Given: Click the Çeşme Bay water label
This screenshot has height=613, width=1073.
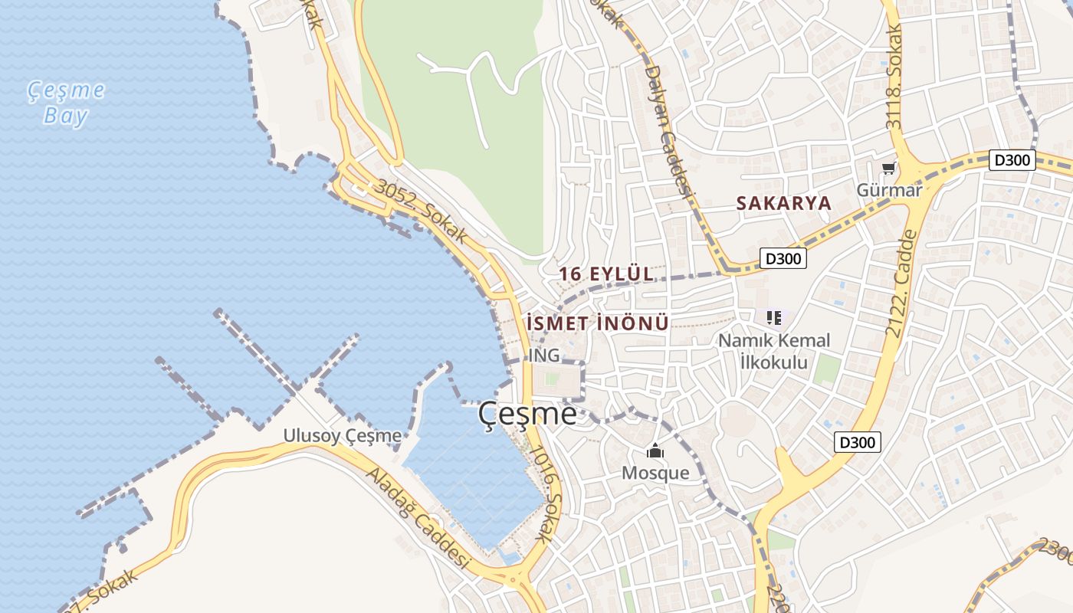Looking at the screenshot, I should pyautogui.click(x=67, y=103).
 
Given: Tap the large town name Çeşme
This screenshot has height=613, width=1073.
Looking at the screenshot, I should pyautogui.click(x=527, y=414).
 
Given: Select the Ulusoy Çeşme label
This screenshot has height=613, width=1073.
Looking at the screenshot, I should pyautogui.click(x=342, y=436).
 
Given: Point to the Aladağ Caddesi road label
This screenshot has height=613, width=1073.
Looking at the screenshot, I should pyautogui.click(x=418, y=518).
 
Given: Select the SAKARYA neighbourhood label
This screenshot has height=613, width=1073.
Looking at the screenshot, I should pyautogui.click(x=783, y=203).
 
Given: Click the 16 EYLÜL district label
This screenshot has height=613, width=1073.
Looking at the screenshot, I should pyautogui.click(x=605, y=274).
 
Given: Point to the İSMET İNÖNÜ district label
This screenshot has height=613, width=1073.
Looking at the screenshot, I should pyautogui.click(x=599, y=323).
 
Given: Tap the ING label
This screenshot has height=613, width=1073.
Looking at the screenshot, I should pyautogui.click(x=544, y=356).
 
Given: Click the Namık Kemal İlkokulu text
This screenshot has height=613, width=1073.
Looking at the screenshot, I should pyautogui.click(x=774, y=351).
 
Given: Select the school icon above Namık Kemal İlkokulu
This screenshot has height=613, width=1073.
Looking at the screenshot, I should pyautogui.click(x=774, y=316).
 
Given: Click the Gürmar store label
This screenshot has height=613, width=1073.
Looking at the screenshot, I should pyautogui.click(x=889, y=190).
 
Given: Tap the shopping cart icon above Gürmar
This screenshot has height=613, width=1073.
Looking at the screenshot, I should pyautogui.click(x=888, y=168).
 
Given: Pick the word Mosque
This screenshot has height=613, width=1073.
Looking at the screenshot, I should pyautogui.click(x=655, y=473).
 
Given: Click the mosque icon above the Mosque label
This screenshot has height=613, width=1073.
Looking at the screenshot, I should pyautogui.click(x=655, y=451).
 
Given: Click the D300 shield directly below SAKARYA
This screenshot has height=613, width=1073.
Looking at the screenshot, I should pyautogui.click(x=783, y=258).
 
